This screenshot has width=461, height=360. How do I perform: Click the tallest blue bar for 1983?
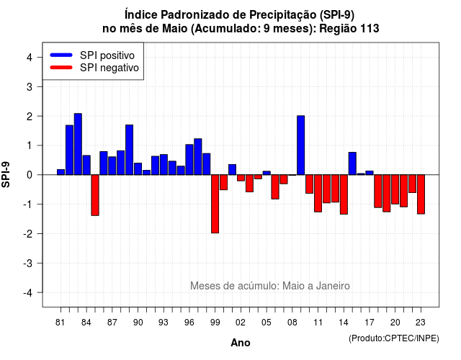click(78, 144)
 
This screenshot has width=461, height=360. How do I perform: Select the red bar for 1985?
click(95, 195)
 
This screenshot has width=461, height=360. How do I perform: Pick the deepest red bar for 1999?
click(215, 204)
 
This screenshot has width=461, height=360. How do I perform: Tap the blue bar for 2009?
click(301, 145)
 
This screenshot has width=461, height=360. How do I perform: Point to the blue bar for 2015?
click(352, 163)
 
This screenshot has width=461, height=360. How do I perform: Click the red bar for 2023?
click(421, 194)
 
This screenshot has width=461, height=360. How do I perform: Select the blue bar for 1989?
click(130, 150)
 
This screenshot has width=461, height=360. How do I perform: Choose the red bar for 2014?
click(344, 194)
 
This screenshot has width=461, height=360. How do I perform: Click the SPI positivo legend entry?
click(94, 55)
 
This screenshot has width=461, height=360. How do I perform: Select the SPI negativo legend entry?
click(94, 68)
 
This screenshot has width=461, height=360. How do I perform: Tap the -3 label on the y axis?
click(27, 263)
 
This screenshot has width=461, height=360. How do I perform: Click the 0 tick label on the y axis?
click(30, 175)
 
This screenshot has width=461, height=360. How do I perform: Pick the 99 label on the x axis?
click(215, 323)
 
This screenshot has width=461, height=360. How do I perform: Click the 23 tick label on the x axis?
click(421, 323)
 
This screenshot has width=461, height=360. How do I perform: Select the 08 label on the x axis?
click(292, 323)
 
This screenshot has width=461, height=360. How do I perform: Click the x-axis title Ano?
click(241, 343)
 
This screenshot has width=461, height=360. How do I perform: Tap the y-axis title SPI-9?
click(6, 174)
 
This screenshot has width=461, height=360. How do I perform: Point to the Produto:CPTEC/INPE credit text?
click(394, 338)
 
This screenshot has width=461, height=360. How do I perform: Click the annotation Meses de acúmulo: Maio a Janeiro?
click(270, 286)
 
